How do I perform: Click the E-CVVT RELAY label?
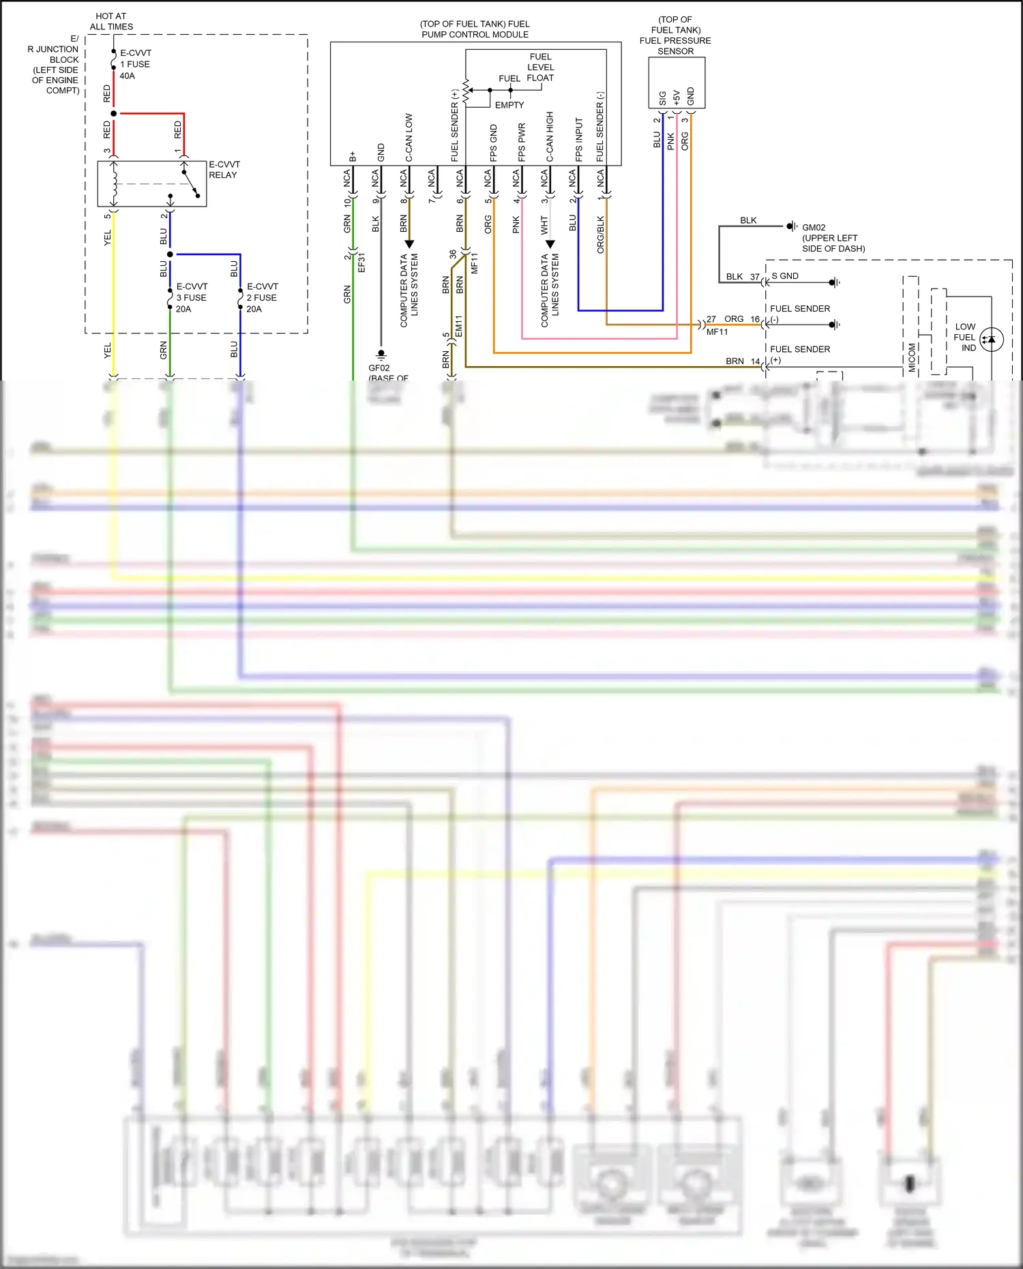(224, 170)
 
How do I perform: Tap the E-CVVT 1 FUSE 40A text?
(135, 64)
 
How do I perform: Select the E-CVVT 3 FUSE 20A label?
(191, 298)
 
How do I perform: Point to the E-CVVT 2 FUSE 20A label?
(262, 298)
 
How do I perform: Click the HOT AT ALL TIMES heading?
(111, 21)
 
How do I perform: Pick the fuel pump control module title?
(475, 29)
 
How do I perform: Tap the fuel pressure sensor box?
(676, 83)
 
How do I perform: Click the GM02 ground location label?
(833, 238)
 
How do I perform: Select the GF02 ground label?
(379, 368)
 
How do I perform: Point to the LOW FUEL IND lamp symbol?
(991, 339)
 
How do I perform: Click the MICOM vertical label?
(912, 357)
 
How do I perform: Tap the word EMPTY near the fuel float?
(509, 105)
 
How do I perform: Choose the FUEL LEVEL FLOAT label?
(540, 68)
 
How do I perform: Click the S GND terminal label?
(785, 276)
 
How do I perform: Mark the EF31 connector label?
(362, 263)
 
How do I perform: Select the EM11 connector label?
(459, 325)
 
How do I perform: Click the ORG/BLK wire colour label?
(600, 235)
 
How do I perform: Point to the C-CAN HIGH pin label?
(550, 136)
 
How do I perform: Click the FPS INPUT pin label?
(578, 139)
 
